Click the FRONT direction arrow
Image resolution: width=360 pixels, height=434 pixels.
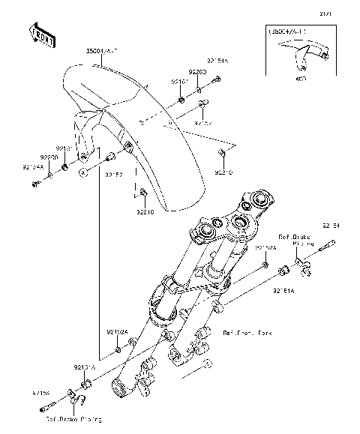coord(41,35)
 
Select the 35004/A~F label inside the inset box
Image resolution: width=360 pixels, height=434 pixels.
coord(288,34)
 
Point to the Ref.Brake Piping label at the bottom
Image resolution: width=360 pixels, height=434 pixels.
coord(73,419)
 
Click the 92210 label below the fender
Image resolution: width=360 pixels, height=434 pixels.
coord(145,212)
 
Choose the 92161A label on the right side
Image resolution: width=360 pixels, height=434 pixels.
coord(283,290)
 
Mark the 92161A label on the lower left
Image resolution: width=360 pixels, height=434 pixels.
coord(83,369)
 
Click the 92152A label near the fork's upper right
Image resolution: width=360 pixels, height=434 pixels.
coord(266,247)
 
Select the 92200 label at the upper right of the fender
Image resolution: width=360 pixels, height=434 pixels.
coord(196,72)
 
